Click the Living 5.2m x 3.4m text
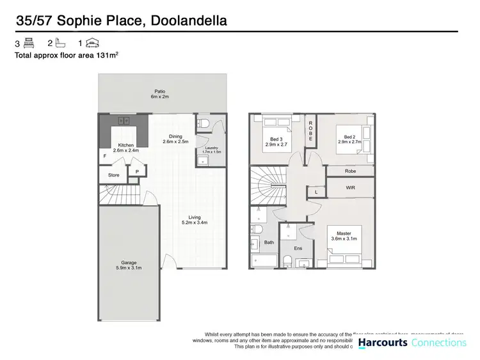tap(193, 219)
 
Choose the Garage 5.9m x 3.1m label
tap(129, 265)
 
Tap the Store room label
tap(113, 175)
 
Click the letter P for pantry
tap(136, 171)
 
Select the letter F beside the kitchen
tap(104, 155)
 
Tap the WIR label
tap(349, 188)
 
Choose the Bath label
tap(269, 242)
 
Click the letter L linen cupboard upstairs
tap(314, 191)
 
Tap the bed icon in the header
tap(28, 43)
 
